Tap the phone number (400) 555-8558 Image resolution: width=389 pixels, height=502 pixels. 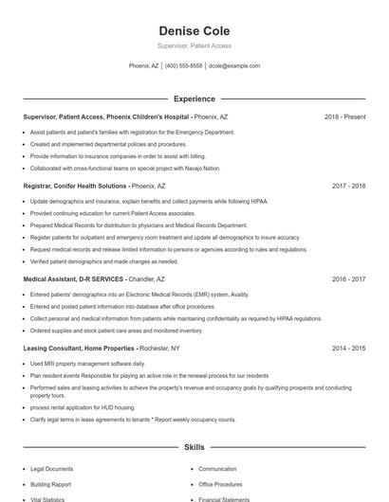click(x=183, y=66)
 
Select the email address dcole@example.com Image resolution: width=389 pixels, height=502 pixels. click(x=233, y=66)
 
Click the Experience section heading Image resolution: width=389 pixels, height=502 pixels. click(x=194, y=99)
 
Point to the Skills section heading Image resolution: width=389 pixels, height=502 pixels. click(x=194, y=446)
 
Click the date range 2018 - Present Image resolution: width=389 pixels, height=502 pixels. click(x=344, y=117)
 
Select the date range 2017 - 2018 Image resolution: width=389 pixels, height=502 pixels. click(x=348, y=187)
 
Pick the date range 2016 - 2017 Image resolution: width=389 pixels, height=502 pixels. click(x=348, y=279)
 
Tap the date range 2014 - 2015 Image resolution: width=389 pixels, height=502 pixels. click(x=348, y=349)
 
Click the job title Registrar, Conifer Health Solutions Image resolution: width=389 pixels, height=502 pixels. click(x=75, y=187)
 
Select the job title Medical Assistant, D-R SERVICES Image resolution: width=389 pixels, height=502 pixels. click(x=73, y=279)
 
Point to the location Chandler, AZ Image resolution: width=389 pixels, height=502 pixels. click(x=146, y=279)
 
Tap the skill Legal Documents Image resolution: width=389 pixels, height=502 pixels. click(x=51, y=469)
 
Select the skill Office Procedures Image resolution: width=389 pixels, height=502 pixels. click(x=220, y=484)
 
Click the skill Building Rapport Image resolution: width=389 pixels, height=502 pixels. click(x=50, y=484)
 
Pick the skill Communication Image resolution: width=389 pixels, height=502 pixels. click(x=217, y=469)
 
